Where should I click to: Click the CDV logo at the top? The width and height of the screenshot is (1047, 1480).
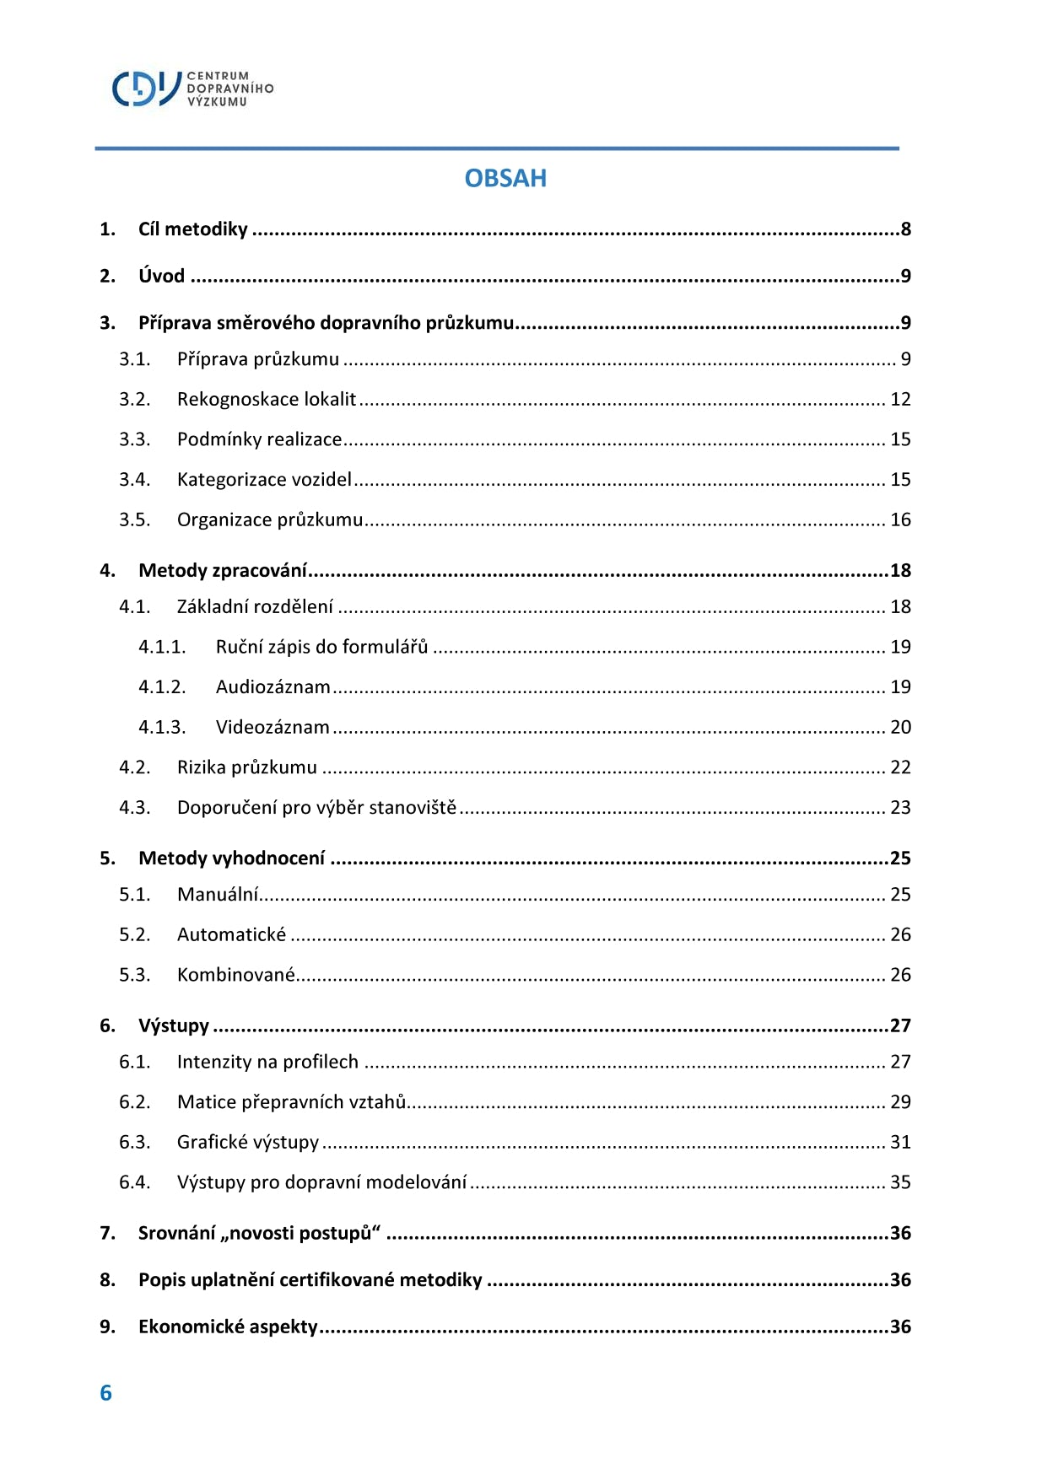192,89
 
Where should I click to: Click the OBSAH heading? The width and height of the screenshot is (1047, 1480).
505,178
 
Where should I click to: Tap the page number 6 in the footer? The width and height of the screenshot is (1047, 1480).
105,1392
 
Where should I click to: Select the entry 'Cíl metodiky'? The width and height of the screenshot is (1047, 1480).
193,229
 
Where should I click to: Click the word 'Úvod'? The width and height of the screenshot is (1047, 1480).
161,276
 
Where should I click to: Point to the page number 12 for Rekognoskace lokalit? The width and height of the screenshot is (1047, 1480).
900,399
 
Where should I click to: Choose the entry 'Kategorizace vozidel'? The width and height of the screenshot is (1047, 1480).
264,480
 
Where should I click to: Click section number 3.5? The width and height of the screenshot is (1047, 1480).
134,519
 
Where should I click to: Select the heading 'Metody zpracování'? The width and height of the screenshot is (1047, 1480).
223,571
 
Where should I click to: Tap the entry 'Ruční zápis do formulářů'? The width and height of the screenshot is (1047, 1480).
321,647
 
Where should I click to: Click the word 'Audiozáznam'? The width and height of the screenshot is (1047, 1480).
273,687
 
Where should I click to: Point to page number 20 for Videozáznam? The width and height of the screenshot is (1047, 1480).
900,727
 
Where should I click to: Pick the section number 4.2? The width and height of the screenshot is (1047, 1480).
134,767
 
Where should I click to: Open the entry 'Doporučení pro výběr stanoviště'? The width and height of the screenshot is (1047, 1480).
316,808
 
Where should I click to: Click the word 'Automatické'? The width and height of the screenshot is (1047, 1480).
231,934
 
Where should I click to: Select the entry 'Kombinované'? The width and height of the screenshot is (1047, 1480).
235,975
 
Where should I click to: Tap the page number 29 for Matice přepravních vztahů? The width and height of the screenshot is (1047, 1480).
900,1102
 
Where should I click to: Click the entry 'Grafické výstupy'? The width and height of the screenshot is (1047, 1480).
248,1143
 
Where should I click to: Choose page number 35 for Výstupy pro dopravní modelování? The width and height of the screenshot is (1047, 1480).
900,1182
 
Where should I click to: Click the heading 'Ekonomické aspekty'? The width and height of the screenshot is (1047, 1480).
228,1327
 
